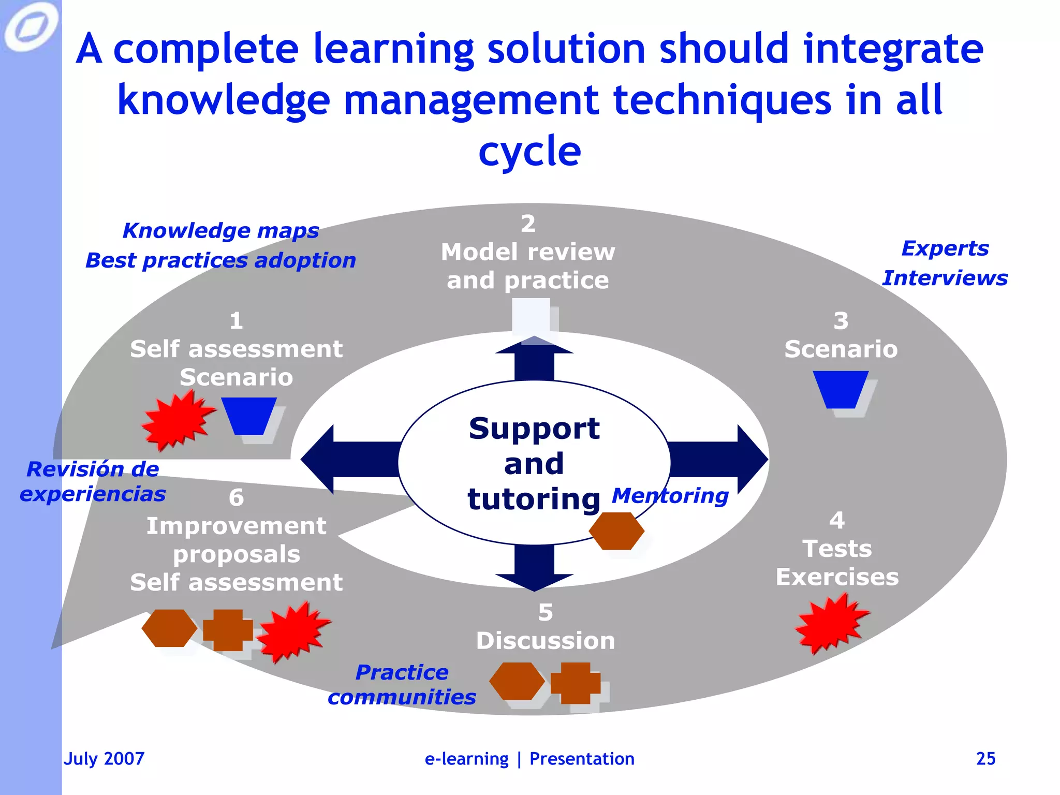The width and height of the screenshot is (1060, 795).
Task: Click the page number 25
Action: click(985, 758)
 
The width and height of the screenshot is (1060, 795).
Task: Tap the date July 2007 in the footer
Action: click(104, 758)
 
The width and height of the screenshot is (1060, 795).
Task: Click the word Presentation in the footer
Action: click(582, 758)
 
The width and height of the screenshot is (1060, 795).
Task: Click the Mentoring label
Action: click(670, 495)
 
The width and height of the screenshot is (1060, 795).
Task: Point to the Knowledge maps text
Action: click(220, 230)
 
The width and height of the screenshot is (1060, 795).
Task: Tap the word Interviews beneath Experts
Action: click(945, 278)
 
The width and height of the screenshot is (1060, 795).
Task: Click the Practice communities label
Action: click(402, 684)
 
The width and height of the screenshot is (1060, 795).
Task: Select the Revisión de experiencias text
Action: click(92, 481)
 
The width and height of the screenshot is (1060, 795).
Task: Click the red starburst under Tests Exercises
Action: click(830, 623)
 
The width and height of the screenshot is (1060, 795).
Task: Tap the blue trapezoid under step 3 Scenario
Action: click(841, 389)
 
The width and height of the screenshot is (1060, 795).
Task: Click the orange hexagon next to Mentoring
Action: click(616, 531)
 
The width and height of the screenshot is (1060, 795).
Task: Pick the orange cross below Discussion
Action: click(576, 683)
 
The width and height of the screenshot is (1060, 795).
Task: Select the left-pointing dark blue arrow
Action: click(347, 459)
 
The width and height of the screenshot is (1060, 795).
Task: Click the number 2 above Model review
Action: click(528, 224)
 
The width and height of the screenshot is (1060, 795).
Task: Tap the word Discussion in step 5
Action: click(546, 641)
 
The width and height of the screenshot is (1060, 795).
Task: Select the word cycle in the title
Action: click(529, 151)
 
